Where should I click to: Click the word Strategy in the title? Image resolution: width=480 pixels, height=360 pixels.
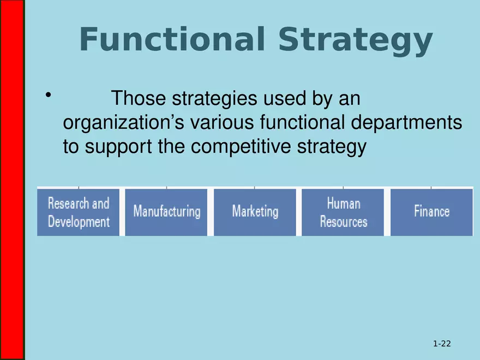pyautogui.click(x=354, y=40)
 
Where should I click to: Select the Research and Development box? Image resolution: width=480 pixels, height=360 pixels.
pyautogui.click(x=79, y=213)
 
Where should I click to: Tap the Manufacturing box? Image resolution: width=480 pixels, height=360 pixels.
pyautogui.click(x=167, y=212)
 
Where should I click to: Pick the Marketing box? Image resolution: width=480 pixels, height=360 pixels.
pyautogui.click(x=255, y=212)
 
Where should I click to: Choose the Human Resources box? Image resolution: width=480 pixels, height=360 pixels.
pyautogui.click(x=344, y=213)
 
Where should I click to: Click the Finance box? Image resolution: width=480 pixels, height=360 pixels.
pyautogui.click(x=431, y=212)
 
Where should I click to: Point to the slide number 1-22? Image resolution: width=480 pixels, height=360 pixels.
pyautogui.click(x=442, y=344)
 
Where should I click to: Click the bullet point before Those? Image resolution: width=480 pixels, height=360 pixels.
pyautogui.click(x=49, y=96)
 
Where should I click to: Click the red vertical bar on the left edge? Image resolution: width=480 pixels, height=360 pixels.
pyautogui.click(x=11, y=180)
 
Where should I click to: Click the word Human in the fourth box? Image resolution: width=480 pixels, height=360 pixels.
pyautogui.click(x=344, y=203)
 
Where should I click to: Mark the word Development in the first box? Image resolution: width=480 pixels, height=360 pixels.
pyautogui.click(x=79, y=222)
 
